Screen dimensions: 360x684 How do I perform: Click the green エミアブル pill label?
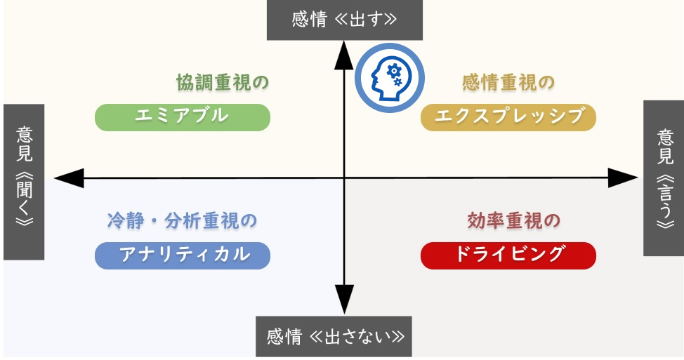[182, 116]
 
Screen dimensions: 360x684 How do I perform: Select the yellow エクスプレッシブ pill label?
[508, 116]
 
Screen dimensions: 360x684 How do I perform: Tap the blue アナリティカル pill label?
[182, 255]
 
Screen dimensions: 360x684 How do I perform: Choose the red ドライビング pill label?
[508, 255]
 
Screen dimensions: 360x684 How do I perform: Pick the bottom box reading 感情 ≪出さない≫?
[334, 337]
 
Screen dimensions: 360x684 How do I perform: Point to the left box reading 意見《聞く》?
[24, 182]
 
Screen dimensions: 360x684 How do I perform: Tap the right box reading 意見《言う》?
[664, 178]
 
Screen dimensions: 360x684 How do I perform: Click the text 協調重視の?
[223, 83]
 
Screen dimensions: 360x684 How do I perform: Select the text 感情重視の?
[508, 83]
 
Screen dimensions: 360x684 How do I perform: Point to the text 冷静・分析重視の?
[182, 220]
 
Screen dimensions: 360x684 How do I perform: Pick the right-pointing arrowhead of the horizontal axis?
[623, 178]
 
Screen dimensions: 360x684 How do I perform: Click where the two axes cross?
[344, 178]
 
